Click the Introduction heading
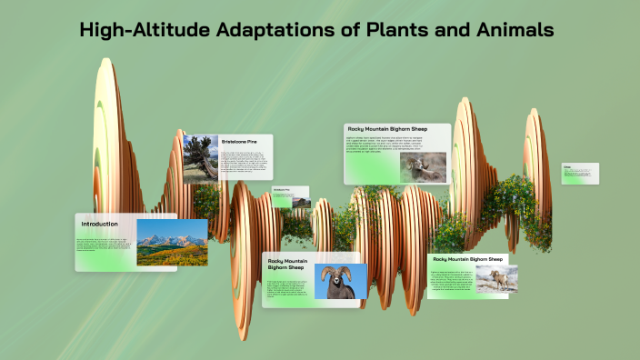pyautogui.click(x=100, y=224)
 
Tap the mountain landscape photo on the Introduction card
pyautogui.click(x=171, y=243)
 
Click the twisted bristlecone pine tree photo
pyautogui.click(x=200, y=158)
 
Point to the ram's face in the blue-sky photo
pyautogui.click(x=340, y=283)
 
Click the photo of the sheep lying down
pyautogui.click(x=424, y=165)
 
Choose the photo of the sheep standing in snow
pyautogui.click(x=497, y=278)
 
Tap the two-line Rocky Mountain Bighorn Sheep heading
pyautogui.click(x=288, y=265)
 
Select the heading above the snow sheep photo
pyautogui.click(x=468, y=258)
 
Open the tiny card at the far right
pyautogui.click(x=579, y=174)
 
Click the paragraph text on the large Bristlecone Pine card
pyautogui.click(x=245, y=165)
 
